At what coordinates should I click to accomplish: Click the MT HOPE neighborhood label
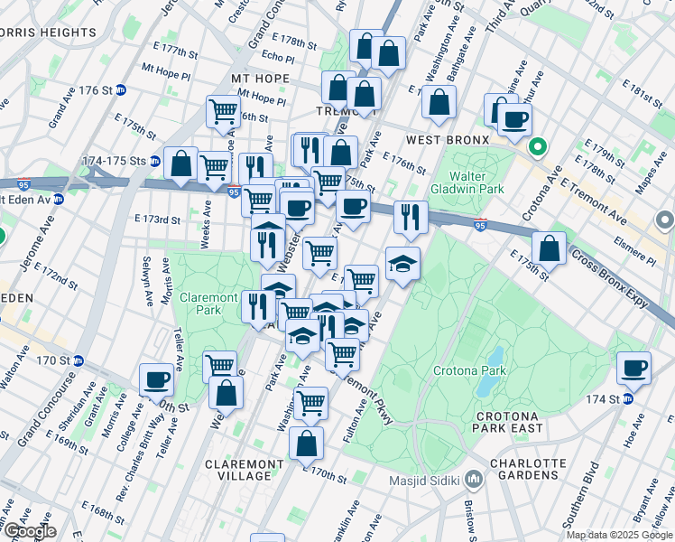click(x=260, y=79)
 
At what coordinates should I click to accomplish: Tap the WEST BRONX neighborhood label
click(x=448, y=140)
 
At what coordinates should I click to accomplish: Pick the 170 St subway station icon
click(x=79, y=360)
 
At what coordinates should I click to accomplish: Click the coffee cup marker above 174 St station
click(x=634, y=367)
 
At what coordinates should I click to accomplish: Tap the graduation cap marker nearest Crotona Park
click(x=403, y=263)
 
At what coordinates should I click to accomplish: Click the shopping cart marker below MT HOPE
click(x=223, y=112)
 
